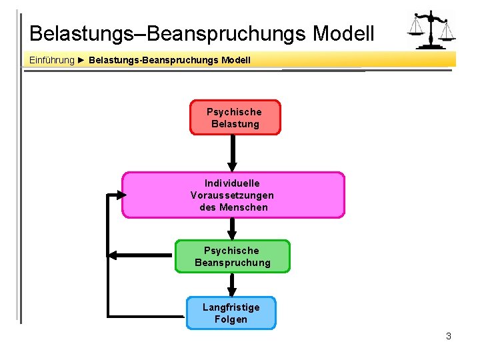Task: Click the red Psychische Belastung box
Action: coord(235,117)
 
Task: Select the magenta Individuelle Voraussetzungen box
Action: coord(233,195)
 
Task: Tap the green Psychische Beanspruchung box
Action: coord(233,257)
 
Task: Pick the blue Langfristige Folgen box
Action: coord(231,313)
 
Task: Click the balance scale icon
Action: coord(432,31)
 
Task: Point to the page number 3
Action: coord(449,336)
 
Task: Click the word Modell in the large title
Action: coord(343,33)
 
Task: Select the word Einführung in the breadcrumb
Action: coord(52,61)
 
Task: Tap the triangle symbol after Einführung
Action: coord(81,61)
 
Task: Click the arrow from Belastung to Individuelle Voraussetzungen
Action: coord(232,153)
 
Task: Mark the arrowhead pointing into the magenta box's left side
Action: coord(119,195)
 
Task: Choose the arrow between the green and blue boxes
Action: coord(232,285)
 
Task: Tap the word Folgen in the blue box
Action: coord(231,319)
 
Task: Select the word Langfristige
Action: coord(231,307)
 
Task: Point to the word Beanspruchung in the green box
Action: coord(233,263)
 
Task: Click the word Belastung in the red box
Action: coord(235,124)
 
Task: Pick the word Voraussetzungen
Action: coord(232,195)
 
